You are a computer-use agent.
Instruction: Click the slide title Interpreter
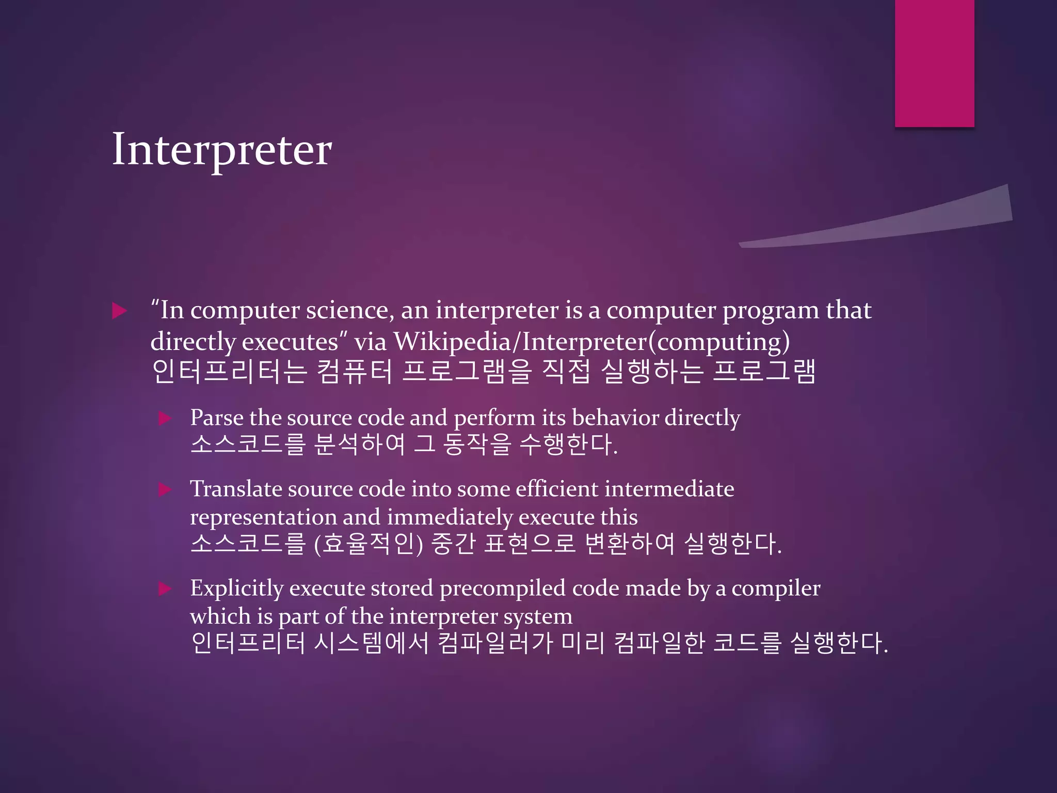click(x=222, y=150)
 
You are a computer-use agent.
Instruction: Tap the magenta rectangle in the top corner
click(x=934, y=62)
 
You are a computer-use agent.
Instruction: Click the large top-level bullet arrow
click(x=119, y=311)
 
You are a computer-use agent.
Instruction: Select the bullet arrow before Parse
click(x=165, y=418)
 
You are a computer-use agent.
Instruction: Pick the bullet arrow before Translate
click(x=165, y=489)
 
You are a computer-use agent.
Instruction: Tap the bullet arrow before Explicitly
click(x=165, y=589)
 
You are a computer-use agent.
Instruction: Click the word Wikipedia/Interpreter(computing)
click(x=591, y=342)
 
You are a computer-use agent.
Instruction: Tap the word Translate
click(x=236, y=489)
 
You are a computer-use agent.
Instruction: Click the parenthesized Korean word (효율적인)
click(x=369, y=544)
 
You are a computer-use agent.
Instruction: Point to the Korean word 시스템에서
click(x=371, y=643)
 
